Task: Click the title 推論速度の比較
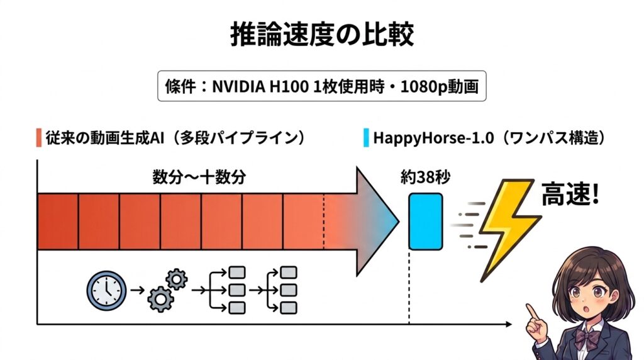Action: pyautogui.click(x=321, y=35)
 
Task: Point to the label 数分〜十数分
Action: pyautogui.click(x=199, y=177)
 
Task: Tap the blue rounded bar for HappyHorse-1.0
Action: pyautogui.click(x=426, y=222)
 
